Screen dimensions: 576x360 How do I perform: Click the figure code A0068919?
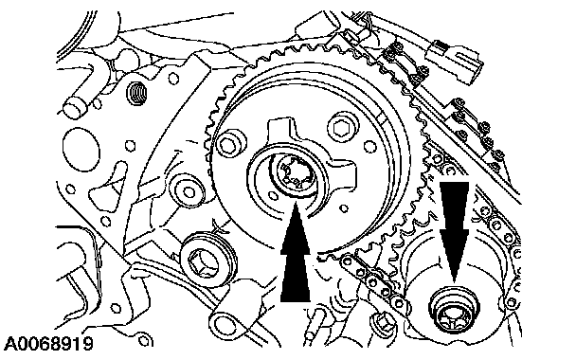[x=49, y=344]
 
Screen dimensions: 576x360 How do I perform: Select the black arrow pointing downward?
[x=454, y=232]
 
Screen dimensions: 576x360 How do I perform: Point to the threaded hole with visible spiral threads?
[x=135, y=93]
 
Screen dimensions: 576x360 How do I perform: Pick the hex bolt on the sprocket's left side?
[x=231, y=143]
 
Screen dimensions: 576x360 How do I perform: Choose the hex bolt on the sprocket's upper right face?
[x=343, y=127]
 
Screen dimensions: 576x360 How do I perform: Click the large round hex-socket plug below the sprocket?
[x=207, y=260]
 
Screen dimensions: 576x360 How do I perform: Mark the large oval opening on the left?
[x=81, y=150]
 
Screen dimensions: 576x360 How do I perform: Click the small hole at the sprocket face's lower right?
[x=344, y=208]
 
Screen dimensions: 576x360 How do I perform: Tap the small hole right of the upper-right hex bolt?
[x=369, y=147]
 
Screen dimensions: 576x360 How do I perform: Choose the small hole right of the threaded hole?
[x=173, y=79]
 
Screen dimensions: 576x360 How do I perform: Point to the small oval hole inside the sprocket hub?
[x=272, y=195]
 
